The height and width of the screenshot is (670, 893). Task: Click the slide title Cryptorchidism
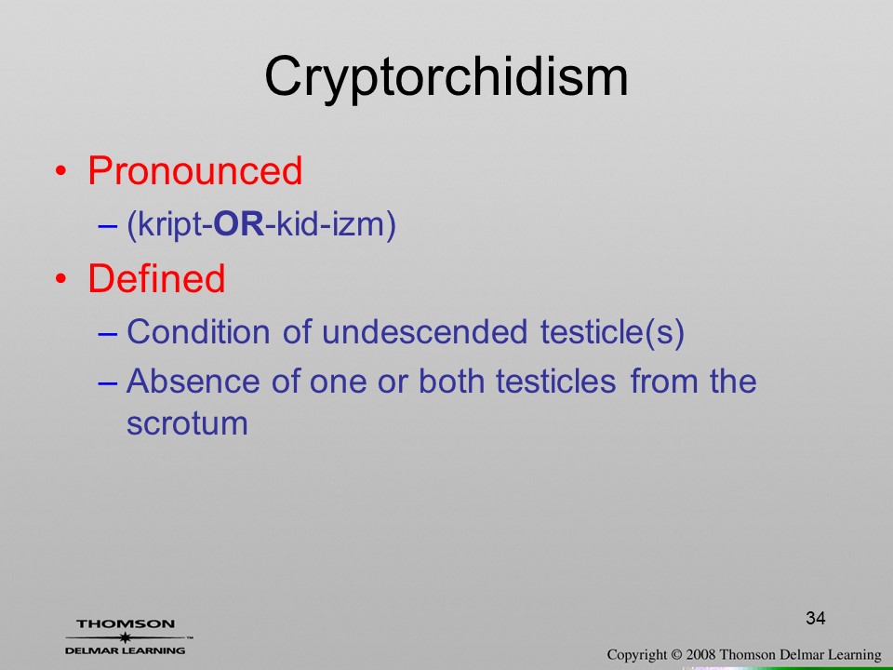point(446,78)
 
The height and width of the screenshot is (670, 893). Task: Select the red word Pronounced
point(194,170)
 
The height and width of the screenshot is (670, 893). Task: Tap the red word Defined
point(156,278)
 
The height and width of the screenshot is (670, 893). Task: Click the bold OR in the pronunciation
point(239,224)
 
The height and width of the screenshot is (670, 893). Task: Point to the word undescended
point(425,331)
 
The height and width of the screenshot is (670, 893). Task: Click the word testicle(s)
point(612,333)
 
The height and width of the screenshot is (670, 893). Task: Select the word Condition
point(198,331)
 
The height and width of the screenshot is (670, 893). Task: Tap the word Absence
point(193,381)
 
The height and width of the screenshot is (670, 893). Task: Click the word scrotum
point(187,424)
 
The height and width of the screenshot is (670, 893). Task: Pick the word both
point(451,381)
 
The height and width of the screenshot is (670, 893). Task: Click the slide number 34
point(816,618)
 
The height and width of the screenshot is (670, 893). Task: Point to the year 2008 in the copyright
point(700,655)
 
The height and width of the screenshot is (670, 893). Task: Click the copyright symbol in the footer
point(676,655)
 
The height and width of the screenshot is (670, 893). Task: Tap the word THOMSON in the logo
point(126,623)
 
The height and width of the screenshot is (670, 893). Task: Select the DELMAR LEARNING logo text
point(126,650)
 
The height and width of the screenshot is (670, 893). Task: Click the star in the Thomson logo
point(126,637)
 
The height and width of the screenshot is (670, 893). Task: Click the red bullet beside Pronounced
point(61,171)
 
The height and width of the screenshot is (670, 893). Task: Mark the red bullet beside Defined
point(61,278)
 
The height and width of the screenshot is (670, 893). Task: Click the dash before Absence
point(108,382)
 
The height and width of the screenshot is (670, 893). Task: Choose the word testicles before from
point(556,381)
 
